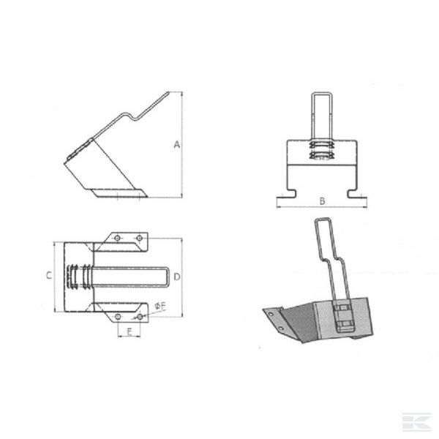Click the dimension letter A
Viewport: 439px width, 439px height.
pos(177,144)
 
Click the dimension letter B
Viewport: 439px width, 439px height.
pos(322,201)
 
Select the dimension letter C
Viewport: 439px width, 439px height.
pos(49,276)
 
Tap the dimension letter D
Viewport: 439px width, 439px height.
pos(177,277)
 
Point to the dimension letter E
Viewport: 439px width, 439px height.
pos(130,332)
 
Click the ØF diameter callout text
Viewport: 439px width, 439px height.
pos(160,306)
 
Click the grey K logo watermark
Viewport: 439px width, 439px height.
pos(416,421)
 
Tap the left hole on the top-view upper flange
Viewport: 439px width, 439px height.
pos(117,238)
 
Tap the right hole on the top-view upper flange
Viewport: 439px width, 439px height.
pos(139,238)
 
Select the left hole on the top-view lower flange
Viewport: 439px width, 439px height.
pos(118,317)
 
